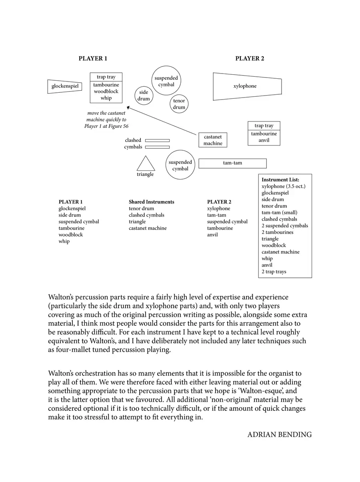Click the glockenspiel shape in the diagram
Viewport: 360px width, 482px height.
coord(64,86)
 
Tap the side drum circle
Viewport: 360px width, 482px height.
coord(144,96)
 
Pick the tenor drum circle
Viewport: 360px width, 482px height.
coord(179,104)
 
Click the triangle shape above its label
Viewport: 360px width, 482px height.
coord(146,164)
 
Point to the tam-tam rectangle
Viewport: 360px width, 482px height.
coord(232,163)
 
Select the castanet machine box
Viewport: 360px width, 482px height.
coord(213,140)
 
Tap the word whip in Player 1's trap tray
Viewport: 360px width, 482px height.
coord(106,98)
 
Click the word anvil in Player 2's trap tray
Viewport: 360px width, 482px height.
coord(264,140)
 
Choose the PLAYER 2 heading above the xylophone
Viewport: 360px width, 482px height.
coord(250,58)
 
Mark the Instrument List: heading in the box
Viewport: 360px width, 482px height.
coord(280,180)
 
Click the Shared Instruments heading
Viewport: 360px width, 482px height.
coord(151,202)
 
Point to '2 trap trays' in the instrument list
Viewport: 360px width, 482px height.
coord(274,272)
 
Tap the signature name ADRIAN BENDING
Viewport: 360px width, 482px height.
coord(279,434)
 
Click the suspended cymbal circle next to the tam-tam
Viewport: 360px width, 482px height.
coord(180,165)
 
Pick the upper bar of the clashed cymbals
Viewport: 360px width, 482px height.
coord(157,140)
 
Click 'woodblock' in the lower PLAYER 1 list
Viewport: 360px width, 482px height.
coord(71,235)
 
